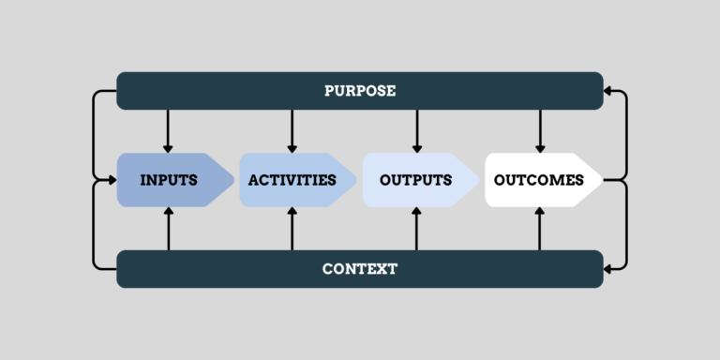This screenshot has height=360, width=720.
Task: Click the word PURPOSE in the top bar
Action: pyautogui.click(x=360, y=91)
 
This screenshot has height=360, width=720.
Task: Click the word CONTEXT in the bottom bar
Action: pyautogui.click(x=360, y=269)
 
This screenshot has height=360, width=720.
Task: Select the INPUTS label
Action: pyautogui.click(x=169, y=180)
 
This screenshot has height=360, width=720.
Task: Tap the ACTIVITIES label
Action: pyautogui.click(x=292, y=180)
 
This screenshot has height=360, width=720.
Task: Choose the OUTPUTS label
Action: pyautogui.click(x=415, y=180)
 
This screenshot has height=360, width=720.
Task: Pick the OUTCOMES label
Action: pyautogui.click(x=539, y=180)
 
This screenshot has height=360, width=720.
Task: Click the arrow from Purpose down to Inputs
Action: pyautogui.click(x=169, y=131)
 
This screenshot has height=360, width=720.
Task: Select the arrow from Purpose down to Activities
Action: pyautogui.click(x=292, y=131)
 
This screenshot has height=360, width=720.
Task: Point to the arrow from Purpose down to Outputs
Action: pyautogui.click(x=415, y=131)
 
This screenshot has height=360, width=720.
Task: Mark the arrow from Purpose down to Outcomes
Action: pyautogui.click(x=539, y=131)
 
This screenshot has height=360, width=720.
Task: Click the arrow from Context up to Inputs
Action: pyautogui.click(x=169, y=228)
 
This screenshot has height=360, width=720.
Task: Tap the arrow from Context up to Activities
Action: pyautogui.click(x=292, y=228)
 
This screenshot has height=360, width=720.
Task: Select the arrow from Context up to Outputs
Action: pyautogui.click(x=415, y=228)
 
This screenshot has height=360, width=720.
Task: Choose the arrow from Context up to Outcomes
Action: pyautogui.click(x=539, y=228)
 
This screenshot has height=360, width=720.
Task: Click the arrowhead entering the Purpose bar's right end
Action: pyautogui.click(x=609, y=91)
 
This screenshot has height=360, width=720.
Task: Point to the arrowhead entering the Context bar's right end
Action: pyautogui.click(x=609, y=269)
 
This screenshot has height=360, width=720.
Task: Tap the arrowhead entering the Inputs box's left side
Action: pyautogui.click(x=112, y=180)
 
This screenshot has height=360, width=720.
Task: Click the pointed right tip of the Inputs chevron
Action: pyautogui.click(x=232, y=180)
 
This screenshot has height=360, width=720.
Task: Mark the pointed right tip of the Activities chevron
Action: pyautogui.click(x=356, y=180)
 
